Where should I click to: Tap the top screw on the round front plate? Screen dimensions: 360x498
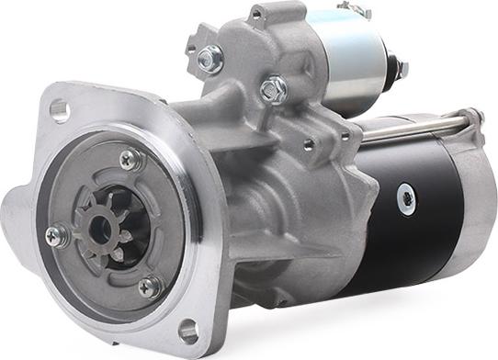(131, 160)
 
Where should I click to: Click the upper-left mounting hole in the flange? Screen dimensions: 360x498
(60, 111)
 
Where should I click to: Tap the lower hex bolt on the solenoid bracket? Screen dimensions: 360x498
(272, 89)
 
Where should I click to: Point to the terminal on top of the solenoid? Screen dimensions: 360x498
(353, 9)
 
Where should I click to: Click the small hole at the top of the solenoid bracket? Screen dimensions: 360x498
(257, 14)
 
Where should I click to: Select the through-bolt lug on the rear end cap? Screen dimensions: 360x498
(474, 117)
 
